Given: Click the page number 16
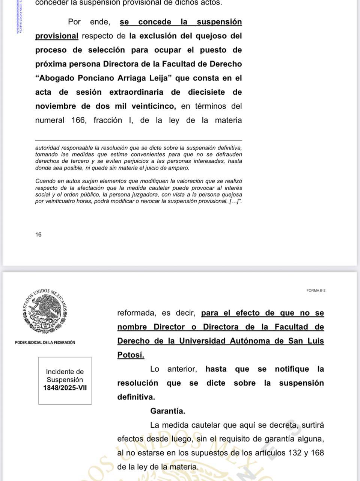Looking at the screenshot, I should coord(38,235).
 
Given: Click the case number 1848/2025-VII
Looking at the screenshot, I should coord(65,388).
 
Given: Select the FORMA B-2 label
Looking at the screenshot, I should coord(316,290).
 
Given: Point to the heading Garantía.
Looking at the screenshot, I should coord(167,411).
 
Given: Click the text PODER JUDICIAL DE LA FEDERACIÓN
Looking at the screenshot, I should coord(45,342).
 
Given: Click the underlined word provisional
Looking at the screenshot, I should coord(57,36).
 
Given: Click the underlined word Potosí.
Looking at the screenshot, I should coord(131,355).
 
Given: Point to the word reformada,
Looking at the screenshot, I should coord(136,313).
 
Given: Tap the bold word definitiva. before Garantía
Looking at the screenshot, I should coord(136,397).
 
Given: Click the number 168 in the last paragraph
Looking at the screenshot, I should coord(317,453).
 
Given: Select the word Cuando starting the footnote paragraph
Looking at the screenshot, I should coord(45,181).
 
